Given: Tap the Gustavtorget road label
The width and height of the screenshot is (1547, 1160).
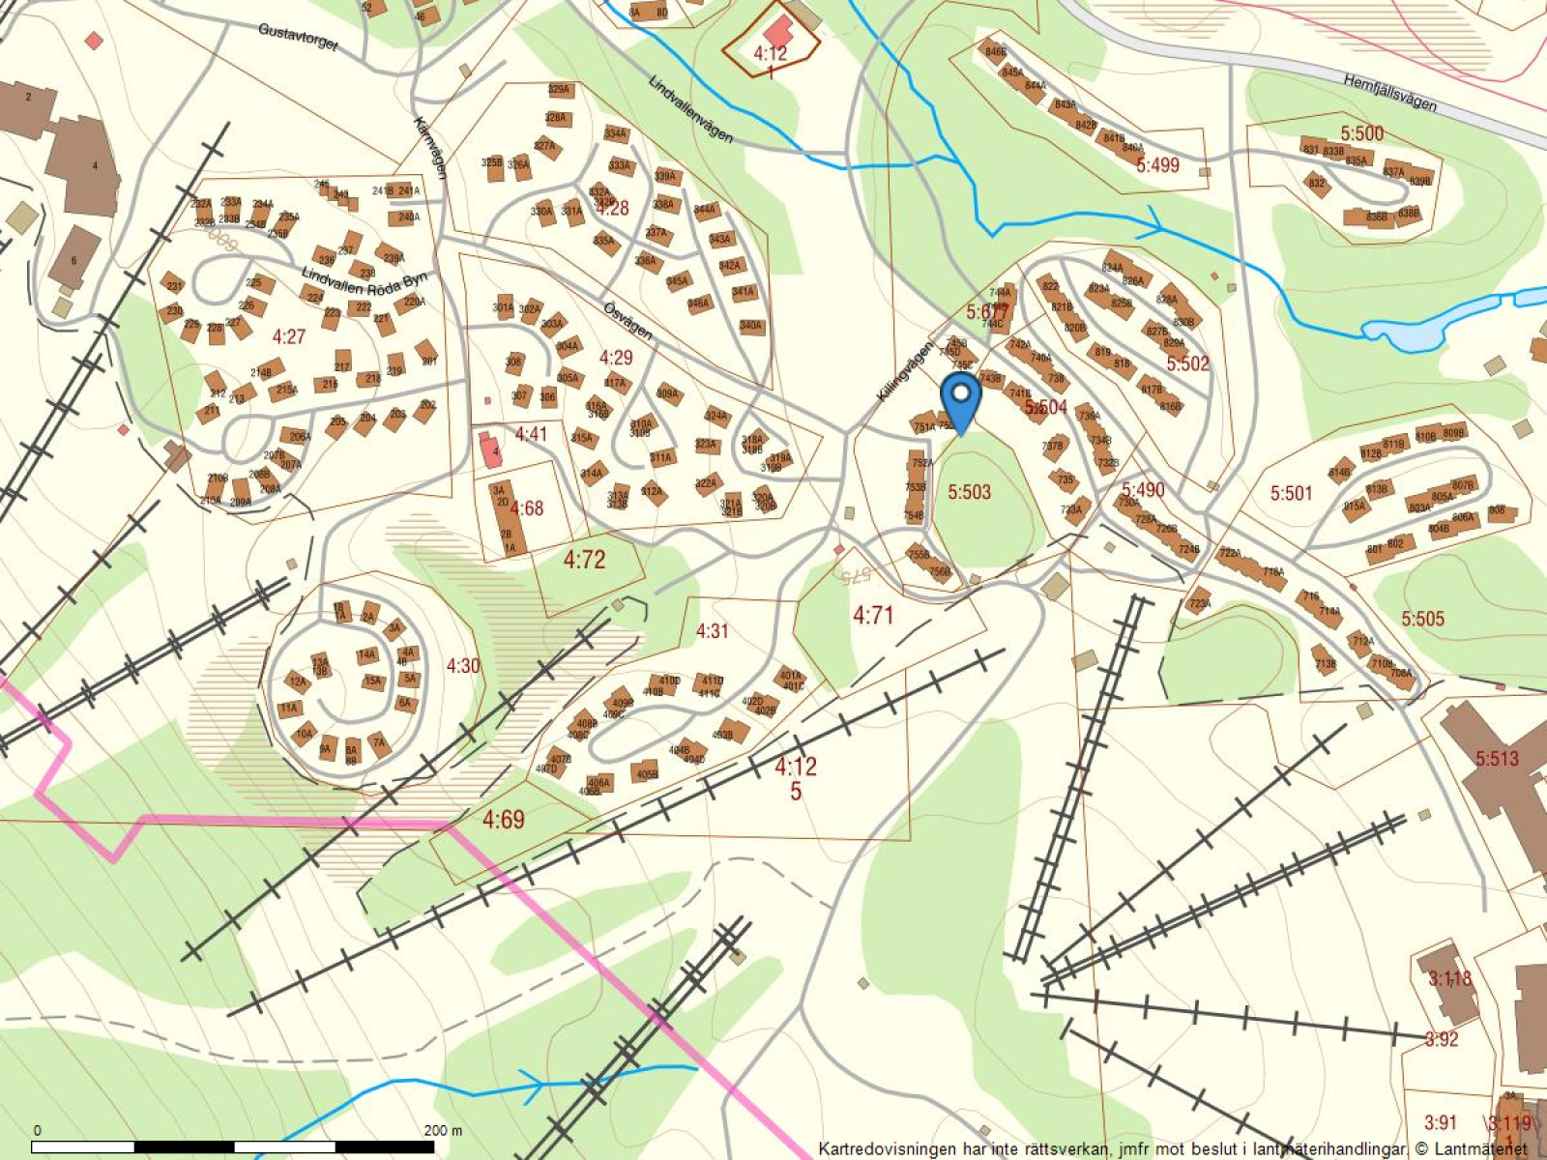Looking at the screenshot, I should [298, 37].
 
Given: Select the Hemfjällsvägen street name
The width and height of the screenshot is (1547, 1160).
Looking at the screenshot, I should [1390, 93].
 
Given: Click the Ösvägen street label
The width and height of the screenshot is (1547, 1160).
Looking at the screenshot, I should [628, 320].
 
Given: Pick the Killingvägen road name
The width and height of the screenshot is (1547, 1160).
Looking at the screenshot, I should [906, 371].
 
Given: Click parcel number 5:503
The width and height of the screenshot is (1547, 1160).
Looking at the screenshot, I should [969, 492].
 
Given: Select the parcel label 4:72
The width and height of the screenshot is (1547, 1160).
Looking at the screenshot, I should [584, 559].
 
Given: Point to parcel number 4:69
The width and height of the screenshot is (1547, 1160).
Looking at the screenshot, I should [504, 821].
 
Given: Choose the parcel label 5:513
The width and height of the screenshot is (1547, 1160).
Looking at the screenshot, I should [1497, 759].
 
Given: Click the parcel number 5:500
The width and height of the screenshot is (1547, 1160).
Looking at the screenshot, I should [1361, 133].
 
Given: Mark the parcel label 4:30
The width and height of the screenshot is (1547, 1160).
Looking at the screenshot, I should [463, 665].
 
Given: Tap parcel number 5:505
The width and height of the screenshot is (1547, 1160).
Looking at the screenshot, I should [1422, 619].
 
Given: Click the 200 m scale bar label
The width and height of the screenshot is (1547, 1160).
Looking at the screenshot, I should [443, 1130].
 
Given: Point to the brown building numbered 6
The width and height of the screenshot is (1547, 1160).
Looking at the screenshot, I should [75, 256].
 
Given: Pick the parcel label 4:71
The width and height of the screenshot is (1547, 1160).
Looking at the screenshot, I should [873, 615].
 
